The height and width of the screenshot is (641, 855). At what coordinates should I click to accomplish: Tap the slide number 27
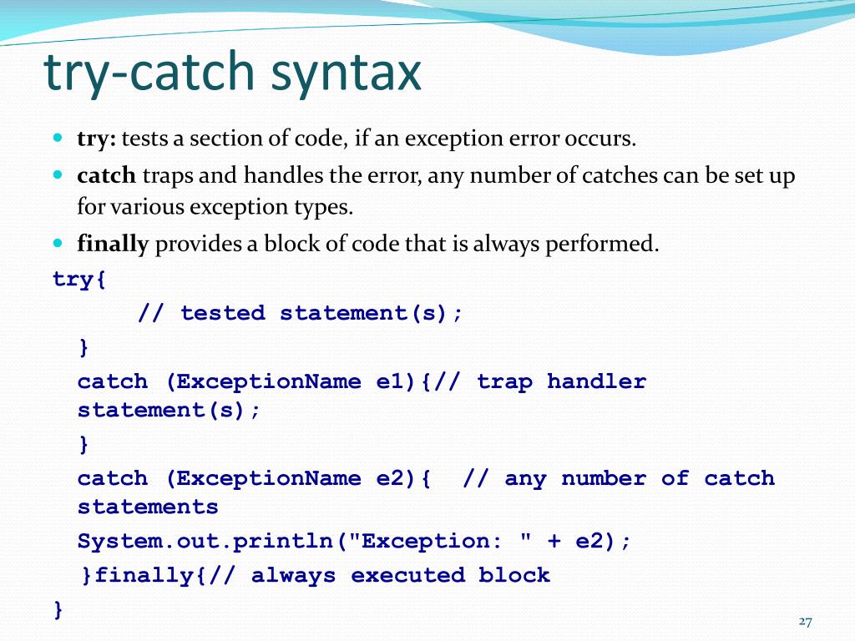coord(805,621)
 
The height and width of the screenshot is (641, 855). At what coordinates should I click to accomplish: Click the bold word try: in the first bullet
coord(96,139)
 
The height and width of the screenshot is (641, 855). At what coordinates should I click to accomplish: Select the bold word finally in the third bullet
coord(113,245)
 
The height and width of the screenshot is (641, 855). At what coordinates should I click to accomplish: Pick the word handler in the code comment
coord(596,382)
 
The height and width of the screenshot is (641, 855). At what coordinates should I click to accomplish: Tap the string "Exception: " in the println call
coord(434,542)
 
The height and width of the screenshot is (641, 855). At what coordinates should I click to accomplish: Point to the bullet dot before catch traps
coord(58,175)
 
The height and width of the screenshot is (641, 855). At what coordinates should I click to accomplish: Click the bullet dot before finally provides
coord(58,244)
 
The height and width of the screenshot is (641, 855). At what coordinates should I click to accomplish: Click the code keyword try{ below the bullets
coord(79,280)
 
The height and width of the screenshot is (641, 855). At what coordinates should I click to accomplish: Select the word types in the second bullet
coord(327,207)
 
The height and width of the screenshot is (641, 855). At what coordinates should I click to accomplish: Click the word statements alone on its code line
coord(148,507)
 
